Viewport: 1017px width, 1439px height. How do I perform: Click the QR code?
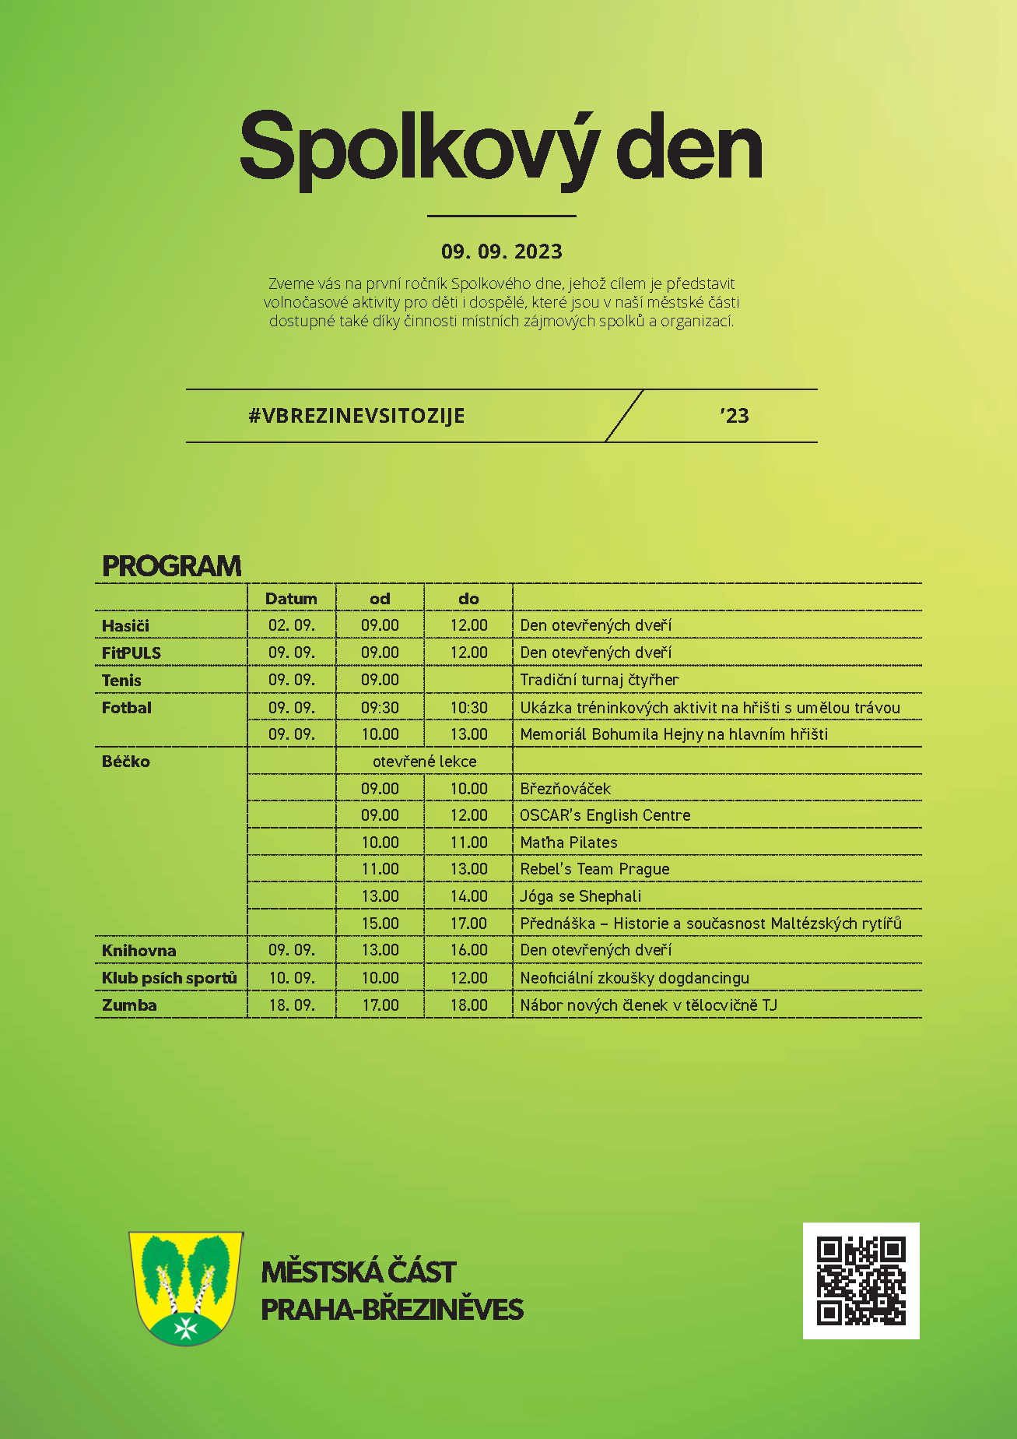861,1280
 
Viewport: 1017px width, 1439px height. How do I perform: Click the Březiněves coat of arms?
186,1288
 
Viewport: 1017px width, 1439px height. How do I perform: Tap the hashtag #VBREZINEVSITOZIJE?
356,416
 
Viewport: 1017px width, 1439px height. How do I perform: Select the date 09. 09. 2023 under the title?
501,252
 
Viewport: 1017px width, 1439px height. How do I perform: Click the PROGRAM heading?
172,566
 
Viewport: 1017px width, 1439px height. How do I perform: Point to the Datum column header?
291,599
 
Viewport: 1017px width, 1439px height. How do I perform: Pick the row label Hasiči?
125,626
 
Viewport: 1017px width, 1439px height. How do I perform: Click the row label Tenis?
121,681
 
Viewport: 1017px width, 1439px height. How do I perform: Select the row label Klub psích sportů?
169,978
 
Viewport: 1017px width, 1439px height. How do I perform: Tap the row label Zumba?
129,1005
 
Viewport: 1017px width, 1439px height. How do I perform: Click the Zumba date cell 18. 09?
292,1005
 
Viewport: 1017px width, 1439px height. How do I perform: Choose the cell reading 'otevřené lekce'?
424,762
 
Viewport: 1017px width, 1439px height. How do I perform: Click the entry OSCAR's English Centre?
605,815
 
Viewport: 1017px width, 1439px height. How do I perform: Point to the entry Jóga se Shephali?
580,896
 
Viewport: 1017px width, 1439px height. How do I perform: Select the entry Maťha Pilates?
568,843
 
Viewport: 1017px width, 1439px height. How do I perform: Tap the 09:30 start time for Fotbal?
380,708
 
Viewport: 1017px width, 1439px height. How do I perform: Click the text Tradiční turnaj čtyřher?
599,680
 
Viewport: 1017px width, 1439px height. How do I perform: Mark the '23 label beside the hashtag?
734,416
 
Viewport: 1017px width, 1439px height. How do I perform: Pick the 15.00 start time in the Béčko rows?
380,924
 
